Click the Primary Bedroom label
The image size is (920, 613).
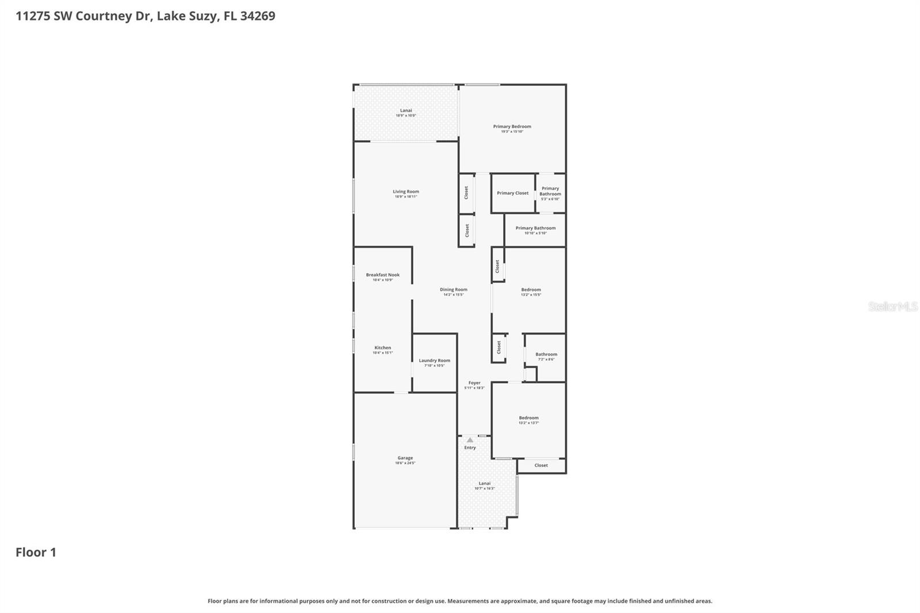(x=512, y=127)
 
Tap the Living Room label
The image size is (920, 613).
(x=406, y=192)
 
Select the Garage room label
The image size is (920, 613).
(x=405, y=458)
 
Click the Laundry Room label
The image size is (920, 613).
(x=434, y=361)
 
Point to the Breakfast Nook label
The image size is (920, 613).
(x=382, y=275)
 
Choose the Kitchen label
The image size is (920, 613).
(x=382, y=348)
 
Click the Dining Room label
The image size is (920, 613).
(x=453, y=290)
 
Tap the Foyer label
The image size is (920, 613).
(x=474, y=383)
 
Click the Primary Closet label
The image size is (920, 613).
(x=512, y=193)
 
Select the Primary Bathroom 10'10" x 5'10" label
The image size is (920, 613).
(x=535, y=228)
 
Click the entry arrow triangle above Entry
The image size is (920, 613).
(x=470, y=440)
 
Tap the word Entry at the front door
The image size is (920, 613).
(x=470, y=447)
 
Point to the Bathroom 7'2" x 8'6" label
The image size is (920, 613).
(x=546, y=355)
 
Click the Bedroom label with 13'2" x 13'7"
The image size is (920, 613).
(x=528, y=418)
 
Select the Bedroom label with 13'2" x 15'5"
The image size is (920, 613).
(x=531, y=290)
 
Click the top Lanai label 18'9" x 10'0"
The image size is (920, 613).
(x=406, y=110)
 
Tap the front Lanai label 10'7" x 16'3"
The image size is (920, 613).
(x=485, y=484)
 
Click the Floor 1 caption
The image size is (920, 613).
(x=36, y=552)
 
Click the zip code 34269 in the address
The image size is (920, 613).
(x=258, y=16)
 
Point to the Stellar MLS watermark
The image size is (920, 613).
(x=892, y=306)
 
